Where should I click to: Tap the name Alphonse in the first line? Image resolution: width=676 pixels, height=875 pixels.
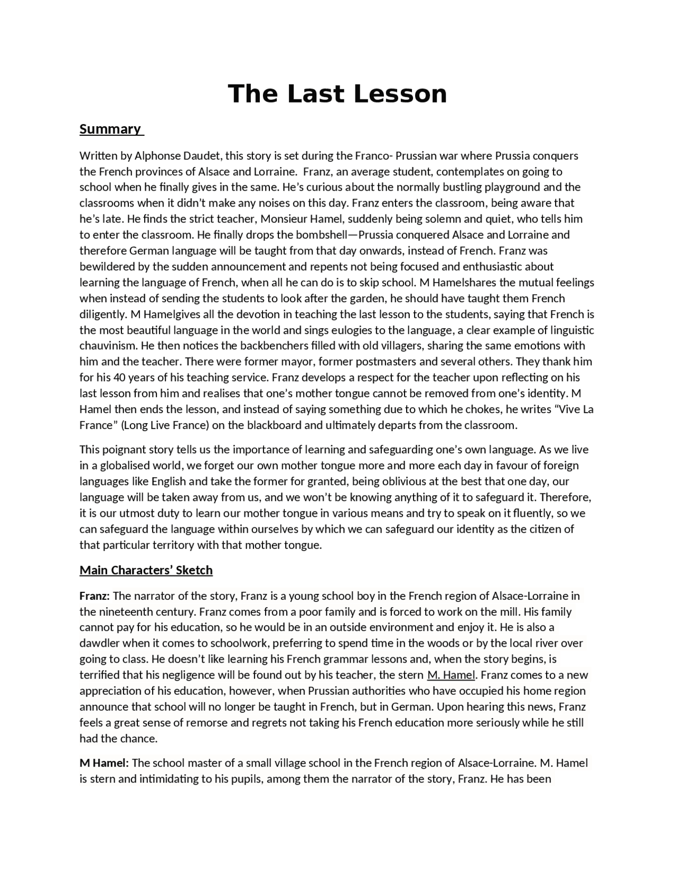tap(158, 156)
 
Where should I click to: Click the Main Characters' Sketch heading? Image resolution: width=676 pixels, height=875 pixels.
tap(146, 570)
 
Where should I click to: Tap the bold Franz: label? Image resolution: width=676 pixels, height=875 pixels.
tap(95, 596)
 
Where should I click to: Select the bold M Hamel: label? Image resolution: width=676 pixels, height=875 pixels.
tap(104, 763)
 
